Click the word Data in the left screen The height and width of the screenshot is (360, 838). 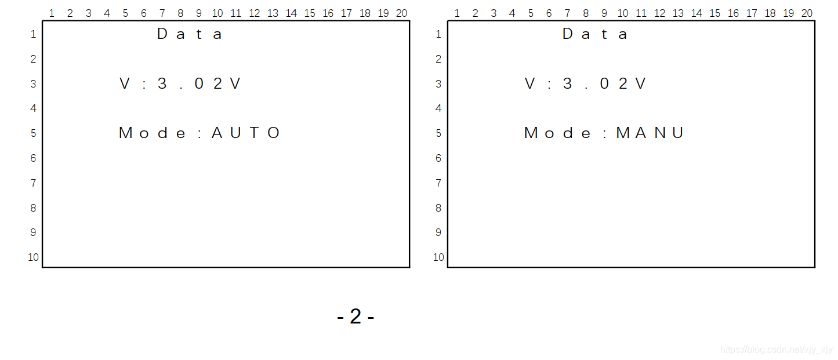[x=190, y=34]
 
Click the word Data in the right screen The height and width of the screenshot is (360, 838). [x=595, y=34]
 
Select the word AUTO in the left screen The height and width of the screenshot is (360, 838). [x=246, y=133]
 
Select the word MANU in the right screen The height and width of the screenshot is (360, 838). [x=650, y=133]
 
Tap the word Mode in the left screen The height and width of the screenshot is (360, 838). [x=153, y=133]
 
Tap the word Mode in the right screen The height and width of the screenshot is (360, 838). [x=558, y=133]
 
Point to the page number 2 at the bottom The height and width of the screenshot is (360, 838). [x=355, y=317]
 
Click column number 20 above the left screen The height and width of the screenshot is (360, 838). [x=401, y=13]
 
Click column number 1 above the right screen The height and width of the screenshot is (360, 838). [x=456, y=13]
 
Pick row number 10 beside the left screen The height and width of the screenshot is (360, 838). [x=33, y=257]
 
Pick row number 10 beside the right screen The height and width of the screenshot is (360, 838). [x=438, y=257]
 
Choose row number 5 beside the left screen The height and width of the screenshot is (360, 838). [x=33, y=133]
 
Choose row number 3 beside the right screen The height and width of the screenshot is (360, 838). [x=438, y=84]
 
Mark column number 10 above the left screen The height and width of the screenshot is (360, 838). [x=217, y=13]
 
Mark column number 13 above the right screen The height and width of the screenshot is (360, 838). [x=678, y=13]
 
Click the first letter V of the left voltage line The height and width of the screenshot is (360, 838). [x=125, y=84]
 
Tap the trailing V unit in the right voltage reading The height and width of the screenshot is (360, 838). [x=640, y=84]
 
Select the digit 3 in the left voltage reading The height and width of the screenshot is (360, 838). [x=162, y=84]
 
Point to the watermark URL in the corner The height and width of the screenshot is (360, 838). [x=776, y=350]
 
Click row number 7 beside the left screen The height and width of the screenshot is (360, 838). [x=33, y=183]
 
